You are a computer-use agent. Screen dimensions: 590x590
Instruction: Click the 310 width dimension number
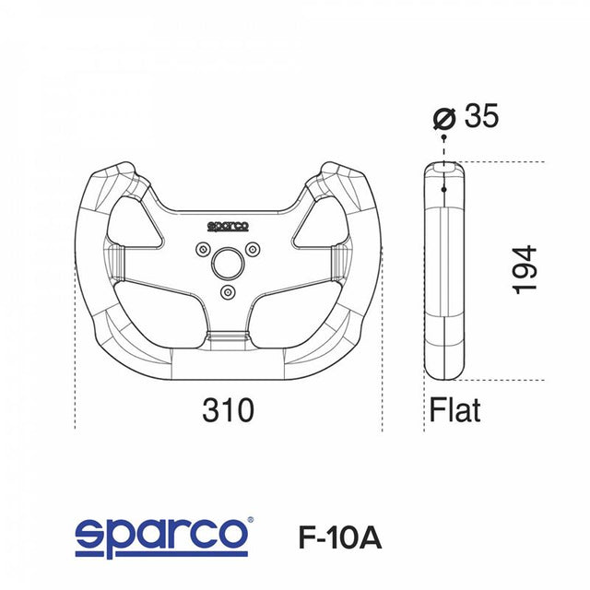point(228,410)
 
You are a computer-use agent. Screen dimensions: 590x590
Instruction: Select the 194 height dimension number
point(525,269)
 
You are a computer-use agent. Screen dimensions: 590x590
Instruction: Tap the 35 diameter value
point(481,117)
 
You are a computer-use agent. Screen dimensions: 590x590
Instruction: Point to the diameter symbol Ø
point(444,118)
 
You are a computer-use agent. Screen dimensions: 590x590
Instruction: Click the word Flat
point(454,409)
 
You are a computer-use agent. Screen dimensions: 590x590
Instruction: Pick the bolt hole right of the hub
point(252,247)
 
